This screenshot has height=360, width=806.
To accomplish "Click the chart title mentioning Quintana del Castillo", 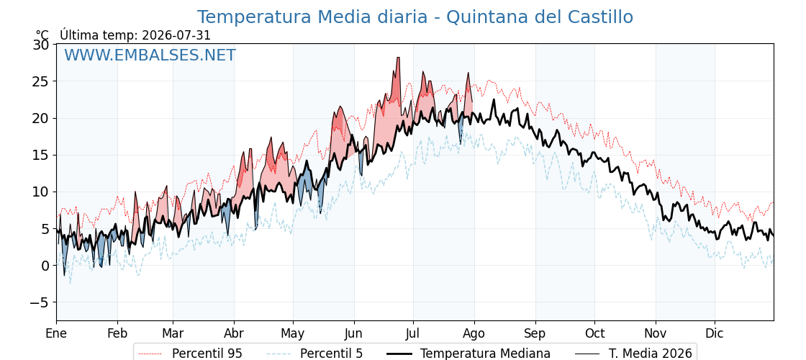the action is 415,17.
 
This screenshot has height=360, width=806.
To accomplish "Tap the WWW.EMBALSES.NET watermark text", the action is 150,55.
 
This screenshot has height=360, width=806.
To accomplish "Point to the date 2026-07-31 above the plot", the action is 176,35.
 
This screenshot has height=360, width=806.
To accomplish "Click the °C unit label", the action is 42,35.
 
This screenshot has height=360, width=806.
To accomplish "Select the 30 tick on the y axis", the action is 41,45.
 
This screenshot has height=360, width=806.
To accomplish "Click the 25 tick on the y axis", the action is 41,81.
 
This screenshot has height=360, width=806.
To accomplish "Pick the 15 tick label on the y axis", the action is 41,155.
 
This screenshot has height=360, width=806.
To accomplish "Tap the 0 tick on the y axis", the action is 45,266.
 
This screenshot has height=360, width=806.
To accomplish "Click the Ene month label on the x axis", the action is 56,333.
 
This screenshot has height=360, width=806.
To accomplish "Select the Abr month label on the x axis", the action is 234,333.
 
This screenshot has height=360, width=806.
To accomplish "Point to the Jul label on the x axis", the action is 413,333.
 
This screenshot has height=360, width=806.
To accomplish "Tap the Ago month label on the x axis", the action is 474,333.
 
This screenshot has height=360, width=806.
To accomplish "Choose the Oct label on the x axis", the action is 594,333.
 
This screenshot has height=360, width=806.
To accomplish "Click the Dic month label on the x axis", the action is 715,333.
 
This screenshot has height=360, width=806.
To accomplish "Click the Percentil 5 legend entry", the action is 314,354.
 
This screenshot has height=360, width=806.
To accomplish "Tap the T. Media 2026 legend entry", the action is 633,354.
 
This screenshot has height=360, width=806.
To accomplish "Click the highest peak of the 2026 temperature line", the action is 398,58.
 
